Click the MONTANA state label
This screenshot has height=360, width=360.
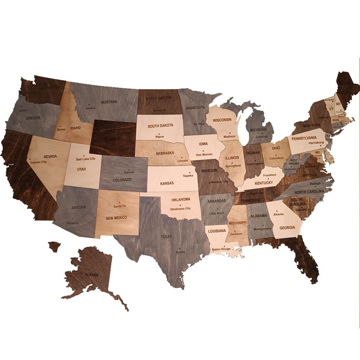(109, 102)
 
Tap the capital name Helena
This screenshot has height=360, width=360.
(91, 108)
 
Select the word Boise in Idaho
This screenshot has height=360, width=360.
(61, 129)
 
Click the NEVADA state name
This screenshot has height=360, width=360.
(50, 156)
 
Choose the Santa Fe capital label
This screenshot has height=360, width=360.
(119, 206)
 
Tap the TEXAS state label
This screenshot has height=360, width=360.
(166, 237)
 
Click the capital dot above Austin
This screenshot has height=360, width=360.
(180, 249)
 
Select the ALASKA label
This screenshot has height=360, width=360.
(91, 275)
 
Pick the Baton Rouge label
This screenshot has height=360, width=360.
(221, 249)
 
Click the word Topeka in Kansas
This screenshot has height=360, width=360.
(188, 175)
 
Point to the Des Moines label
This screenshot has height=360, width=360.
(204, 154)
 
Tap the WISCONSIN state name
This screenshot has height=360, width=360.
(222, 120)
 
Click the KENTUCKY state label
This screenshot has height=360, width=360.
(264, 183)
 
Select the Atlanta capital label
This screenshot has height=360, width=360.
(278, 214)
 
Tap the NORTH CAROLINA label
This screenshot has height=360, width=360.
(309, 192)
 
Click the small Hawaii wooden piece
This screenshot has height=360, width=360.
(54, 246)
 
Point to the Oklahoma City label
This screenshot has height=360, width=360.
(180, 209)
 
